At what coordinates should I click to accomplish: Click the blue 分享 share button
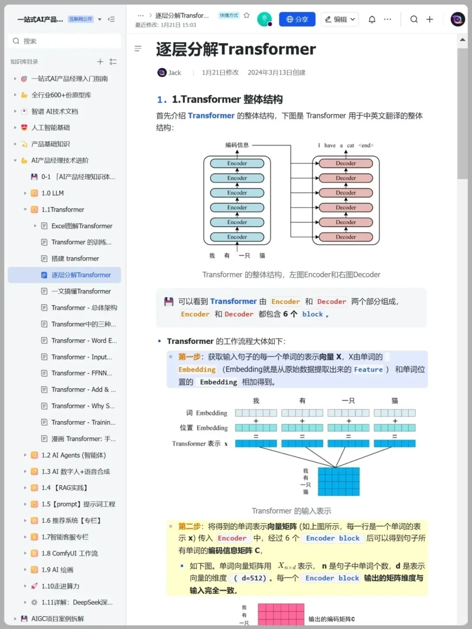coord(297,19)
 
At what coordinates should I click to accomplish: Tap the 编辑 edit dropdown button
coord(340,19)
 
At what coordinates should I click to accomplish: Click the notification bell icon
coord(372,19)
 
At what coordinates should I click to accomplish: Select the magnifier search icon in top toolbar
coord(414,19)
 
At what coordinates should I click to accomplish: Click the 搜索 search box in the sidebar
coord(65,41)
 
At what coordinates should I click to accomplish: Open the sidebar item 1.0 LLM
coord(52,193)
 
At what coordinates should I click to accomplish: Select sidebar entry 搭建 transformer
coord(75,259)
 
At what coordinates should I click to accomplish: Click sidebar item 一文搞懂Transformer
coord(81,292)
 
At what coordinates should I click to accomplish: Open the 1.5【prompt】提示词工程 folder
coord(78,504)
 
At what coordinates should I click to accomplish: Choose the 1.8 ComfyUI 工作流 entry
coord(70,553)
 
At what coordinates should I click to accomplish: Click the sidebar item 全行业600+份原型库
coord(61,95)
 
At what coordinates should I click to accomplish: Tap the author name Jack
coord(174,73)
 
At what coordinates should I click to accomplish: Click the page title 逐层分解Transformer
coord(236,49)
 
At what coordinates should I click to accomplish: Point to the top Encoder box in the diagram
coord(237,163)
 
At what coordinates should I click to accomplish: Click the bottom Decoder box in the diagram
coord(346,237)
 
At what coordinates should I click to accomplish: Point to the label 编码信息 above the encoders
coord(237,145)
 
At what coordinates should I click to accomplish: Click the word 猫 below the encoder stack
coord(262,256)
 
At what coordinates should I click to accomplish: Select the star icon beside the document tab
coord(246,15)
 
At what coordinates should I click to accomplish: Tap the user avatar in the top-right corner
coord(458,19)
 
